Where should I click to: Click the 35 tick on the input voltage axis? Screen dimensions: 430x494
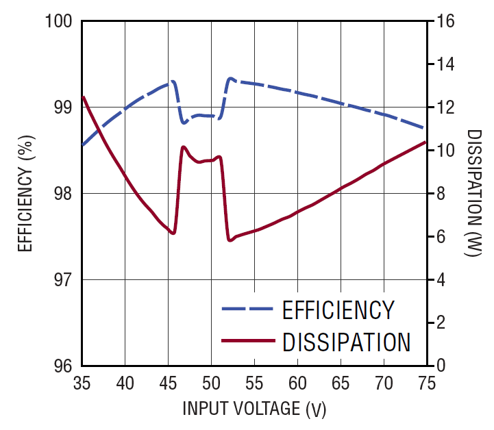(82, 381)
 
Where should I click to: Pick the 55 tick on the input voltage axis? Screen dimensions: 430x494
(255, 381)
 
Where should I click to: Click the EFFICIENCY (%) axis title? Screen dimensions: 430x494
(25, 194)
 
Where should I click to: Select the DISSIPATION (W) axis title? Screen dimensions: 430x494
(472, 194)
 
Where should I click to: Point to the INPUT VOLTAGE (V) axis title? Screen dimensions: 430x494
(254, 409)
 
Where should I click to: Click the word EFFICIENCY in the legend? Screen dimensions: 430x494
(338, 310)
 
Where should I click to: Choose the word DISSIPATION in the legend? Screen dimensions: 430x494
(346, 341)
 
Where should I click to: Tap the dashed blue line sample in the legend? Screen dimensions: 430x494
(247, 309)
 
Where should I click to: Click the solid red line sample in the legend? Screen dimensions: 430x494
(247, 340)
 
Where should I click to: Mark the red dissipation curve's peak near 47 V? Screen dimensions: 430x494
(183, 147)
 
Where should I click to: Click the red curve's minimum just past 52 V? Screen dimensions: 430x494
(230, 240)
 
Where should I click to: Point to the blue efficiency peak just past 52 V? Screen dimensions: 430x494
(231, 79)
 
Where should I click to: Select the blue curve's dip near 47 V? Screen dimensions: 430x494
(184, 123)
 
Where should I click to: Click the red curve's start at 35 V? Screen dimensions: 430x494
(83, 97)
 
